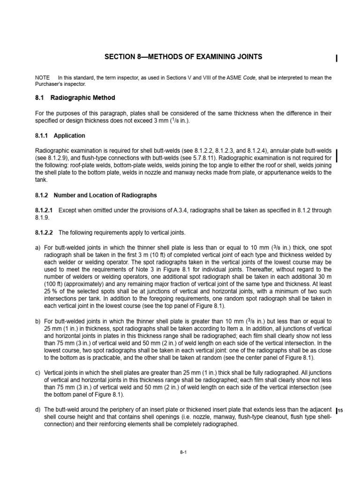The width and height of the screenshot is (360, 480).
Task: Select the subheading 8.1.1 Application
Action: [60, 136]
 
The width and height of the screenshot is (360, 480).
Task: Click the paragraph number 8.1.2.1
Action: [45, 211]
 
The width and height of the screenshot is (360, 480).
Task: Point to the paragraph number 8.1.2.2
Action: [45, 232]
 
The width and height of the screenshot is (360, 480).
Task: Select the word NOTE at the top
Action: [42, 77]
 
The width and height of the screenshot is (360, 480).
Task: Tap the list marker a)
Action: [38, 247]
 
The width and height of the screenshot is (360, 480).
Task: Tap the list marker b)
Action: [38, 322]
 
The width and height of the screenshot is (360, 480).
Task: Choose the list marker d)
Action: [38, 410]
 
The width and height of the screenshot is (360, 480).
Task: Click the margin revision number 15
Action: [341, 411]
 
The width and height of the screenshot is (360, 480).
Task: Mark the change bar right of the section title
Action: [337, 59]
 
